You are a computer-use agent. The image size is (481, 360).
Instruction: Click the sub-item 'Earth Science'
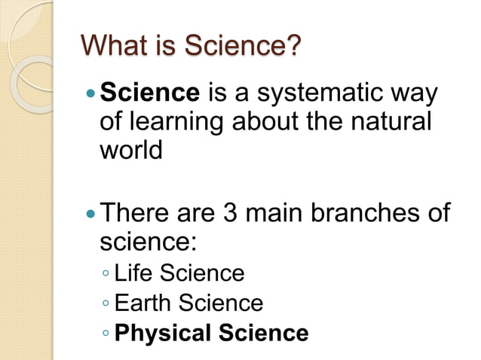(188, 303)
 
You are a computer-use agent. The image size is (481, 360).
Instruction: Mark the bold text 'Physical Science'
(212, 333)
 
